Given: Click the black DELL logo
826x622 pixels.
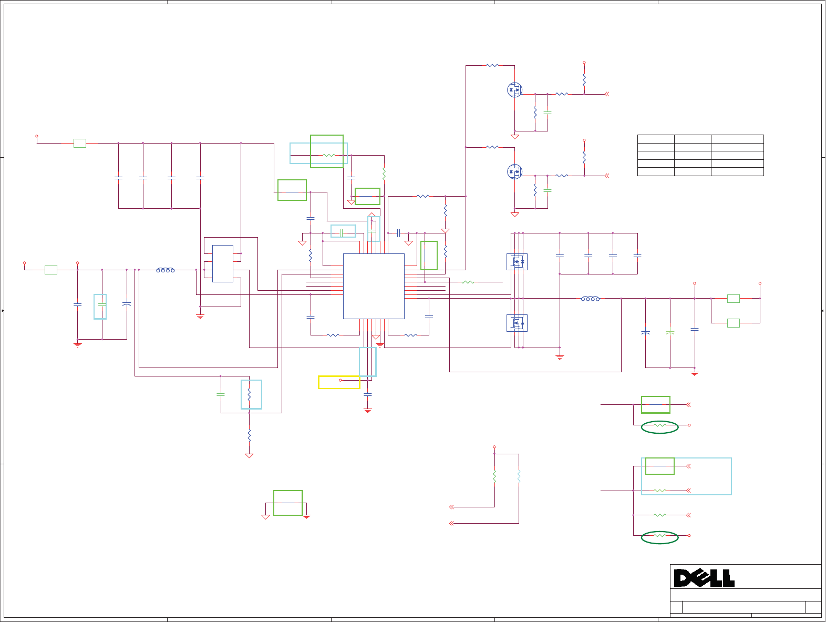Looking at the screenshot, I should point(704,578).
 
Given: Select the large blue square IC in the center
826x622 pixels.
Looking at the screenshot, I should point(374,286).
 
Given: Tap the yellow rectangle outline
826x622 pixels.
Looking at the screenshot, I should point(339,382).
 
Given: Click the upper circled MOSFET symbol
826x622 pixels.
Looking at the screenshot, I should point(514,90).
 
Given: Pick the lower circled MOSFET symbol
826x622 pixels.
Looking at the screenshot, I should point(514,171).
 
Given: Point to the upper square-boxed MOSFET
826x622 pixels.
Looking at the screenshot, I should point(517,261).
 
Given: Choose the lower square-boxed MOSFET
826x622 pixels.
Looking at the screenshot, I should point(517,323).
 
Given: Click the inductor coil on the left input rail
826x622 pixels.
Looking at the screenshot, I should point(166,270).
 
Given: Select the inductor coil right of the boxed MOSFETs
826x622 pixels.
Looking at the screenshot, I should point(590,299).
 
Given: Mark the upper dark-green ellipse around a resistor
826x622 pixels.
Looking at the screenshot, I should point(659,427).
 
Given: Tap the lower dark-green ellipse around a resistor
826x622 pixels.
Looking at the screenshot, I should point(659,537).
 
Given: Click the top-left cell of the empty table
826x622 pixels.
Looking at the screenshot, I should point(656,139).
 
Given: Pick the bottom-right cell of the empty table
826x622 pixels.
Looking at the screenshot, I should point(737,171).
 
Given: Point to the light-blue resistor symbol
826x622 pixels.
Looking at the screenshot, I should point(519,476).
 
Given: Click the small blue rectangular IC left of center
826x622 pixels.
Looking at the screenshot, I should point(223,263).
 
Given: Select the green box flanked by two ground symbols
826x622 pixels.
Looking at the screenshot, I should point(288,503).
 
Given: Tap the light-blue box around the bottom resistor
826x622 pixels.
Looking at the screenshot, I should point(251,394).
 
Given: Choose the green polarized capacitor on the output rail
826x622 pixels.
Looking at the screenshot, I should point(670,333).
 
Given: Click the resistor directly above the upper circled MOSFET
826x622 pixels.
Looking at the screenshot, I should point(492,66).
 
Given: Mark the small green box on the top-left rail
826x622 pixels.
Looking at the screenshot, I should point(80,143).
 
